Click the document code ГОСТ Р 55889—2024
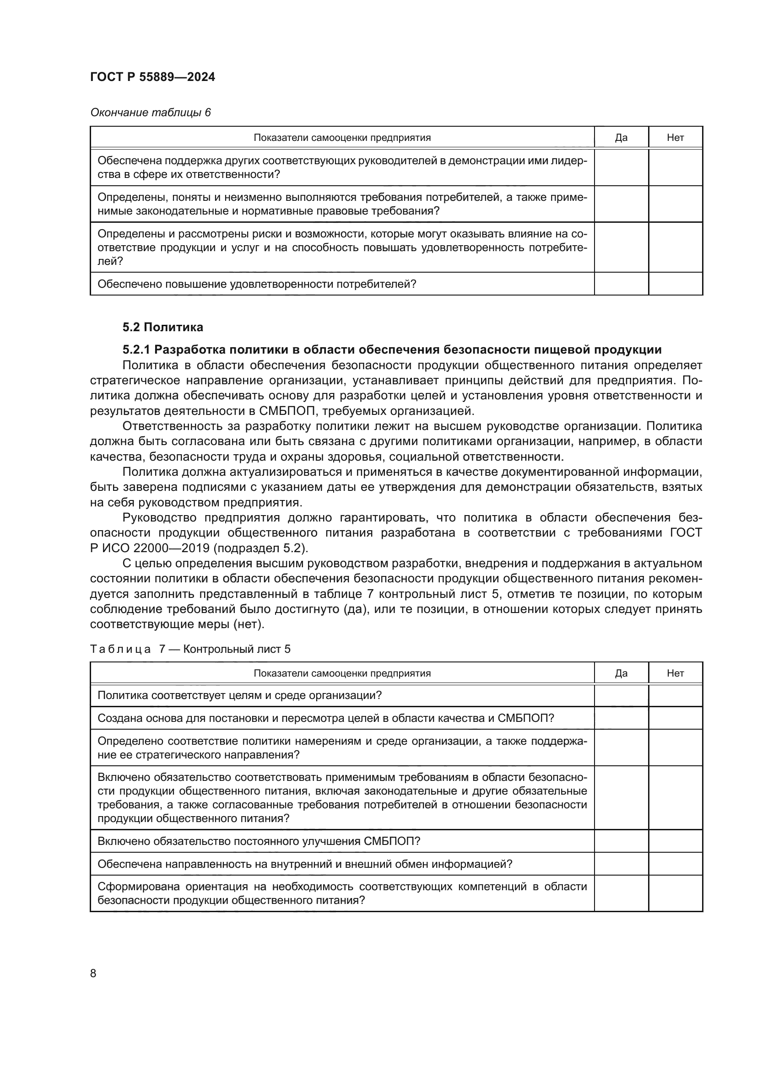pos(152,77)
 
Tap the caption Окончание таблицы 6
pos(150,113)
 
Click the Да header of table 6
pos(621,138)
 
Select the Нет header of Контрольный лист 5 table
pos(675,673)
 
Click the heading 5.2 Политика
pos(162,327)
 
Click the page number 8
pos(93,973)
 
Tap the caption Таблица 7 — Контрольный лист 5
pos(190,649)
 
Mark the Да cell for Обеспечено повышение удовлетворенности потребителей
pos(621,284)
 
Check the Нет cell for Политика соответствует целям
pos(675,696)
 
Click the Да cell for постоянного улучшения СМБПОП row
pos(621,841)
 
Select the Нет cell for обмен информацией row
pos(675,864)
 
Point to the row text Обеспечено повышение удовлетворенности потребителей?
pos(257,284)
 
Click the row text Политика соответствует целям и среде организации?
pos(239,696)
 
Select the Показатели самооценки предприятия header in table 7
pos(342,673)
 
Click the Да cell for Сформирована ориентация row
pos(621,893)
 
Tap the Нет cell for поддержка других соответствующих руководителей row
pos(675,168)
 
